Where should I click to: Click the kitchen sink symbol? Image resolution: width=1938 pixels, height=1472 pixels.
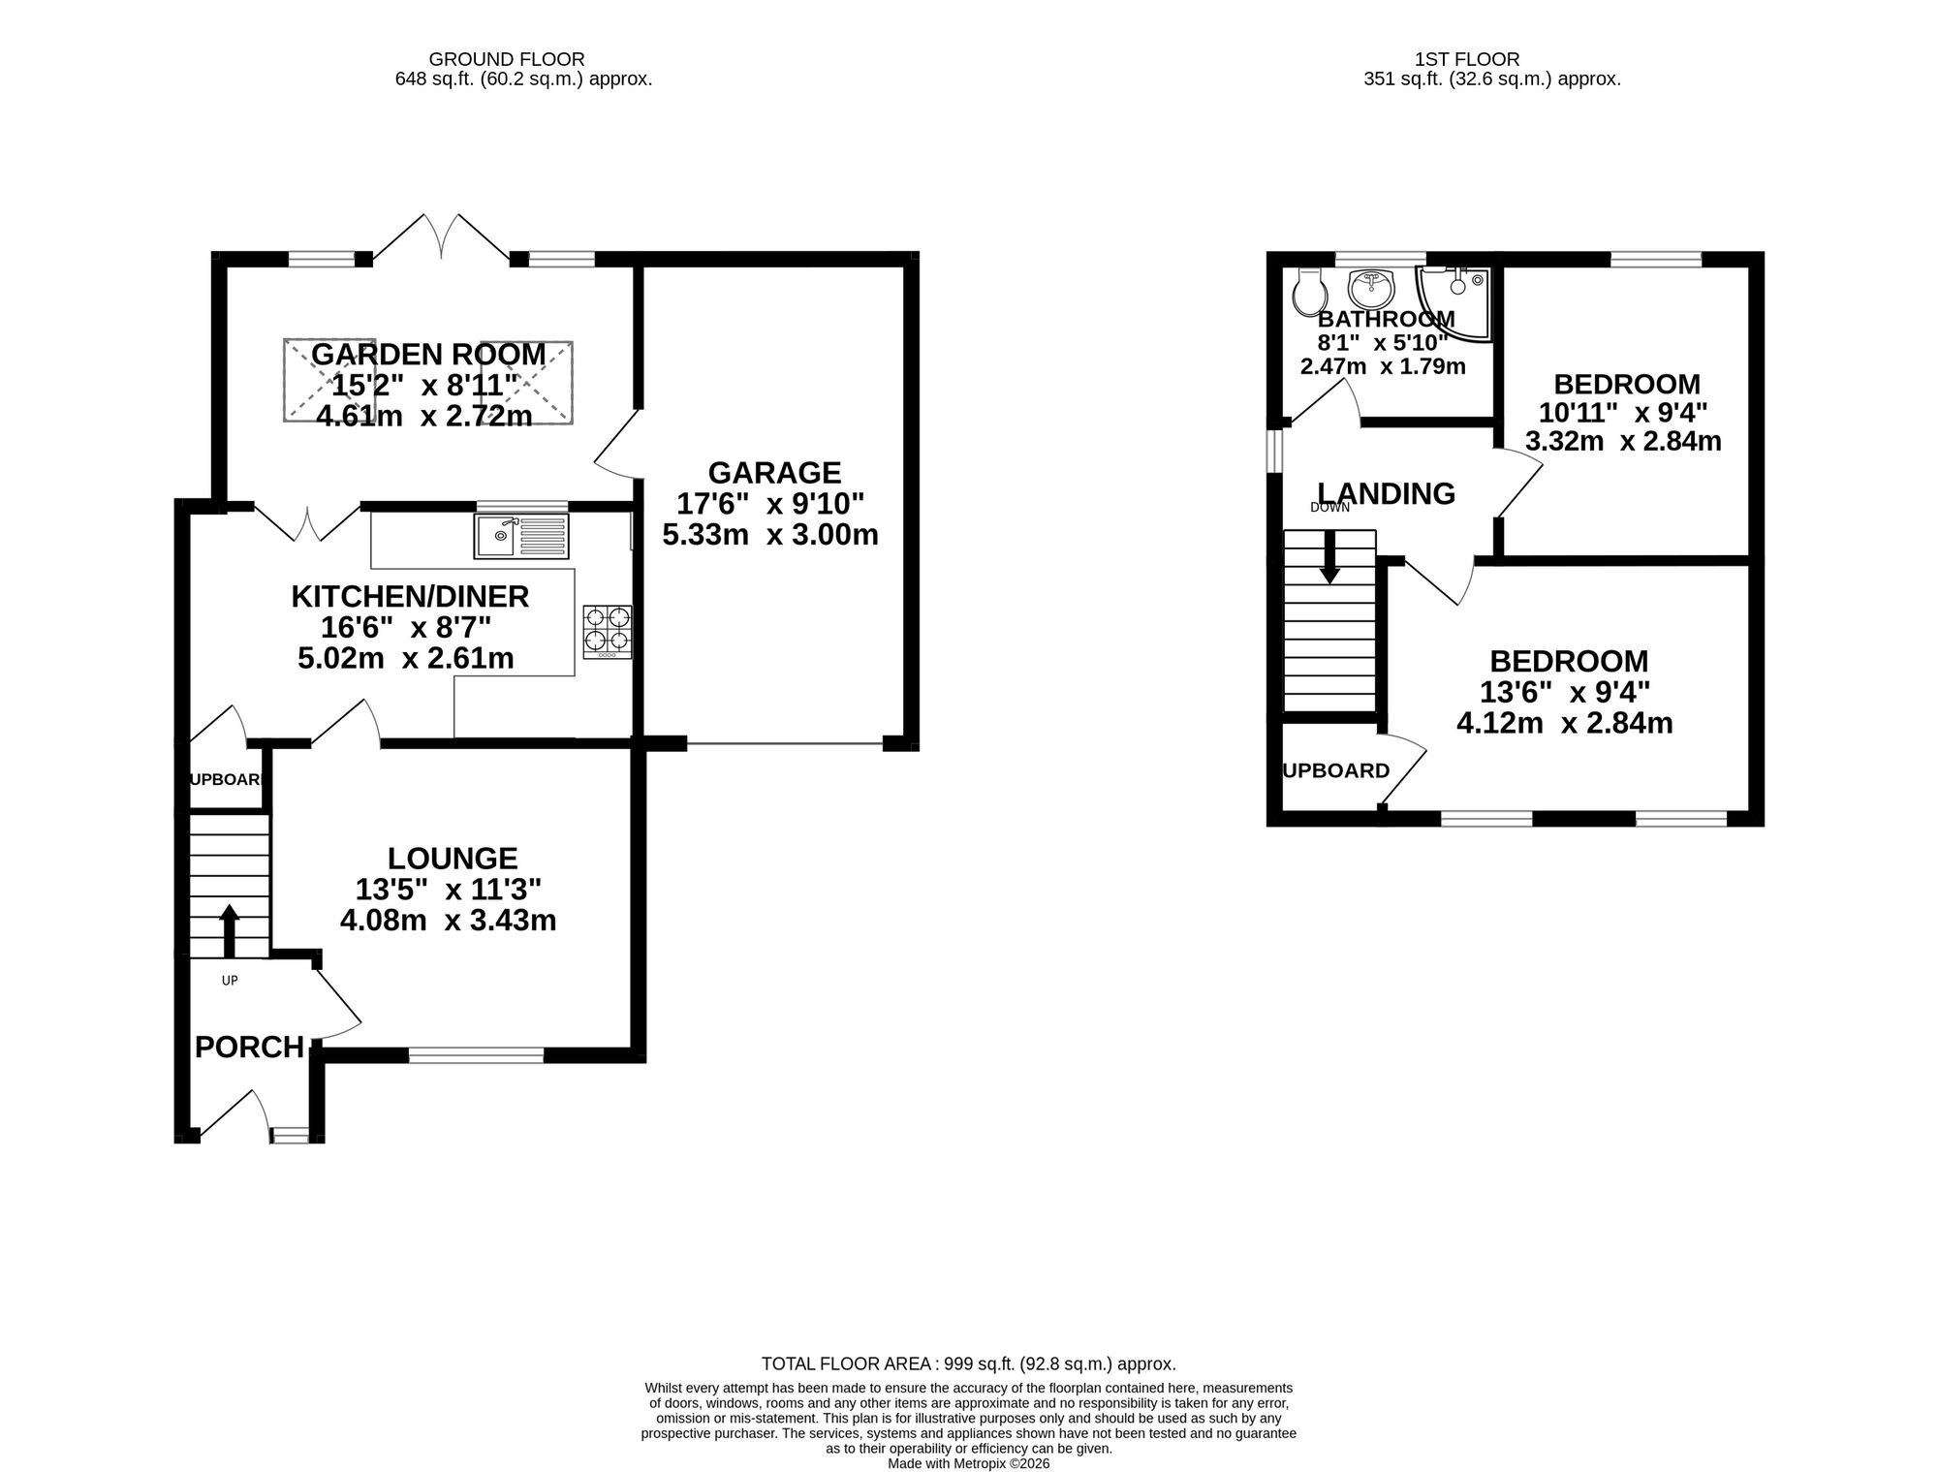[x=520, y=536]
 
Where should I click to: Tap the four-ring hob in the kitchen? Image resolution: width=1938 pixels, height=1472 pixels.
[x=608, y=631]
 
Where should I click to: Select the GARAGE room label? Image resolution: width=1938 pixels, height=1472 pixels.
[x=774, y=473]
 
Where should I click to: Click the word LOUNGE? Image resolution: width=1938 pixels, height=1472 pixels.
[x=453, y=859]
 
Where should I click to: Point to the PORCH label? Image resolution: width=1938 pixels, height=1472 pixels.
[x=249, y=1048]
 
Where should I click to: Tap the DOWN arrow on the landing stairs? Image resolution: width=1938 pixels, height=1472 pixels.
[x=1329, y=557]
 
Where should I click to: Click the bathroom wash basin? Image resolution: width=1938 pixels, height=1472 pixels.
[x=1370, y=288]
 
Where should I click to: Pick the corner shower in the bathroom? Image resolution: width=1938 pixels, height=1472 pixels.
[x=1454, y=300]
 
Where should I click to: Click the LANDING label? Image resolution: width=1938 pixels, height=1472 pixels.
[x=1386, y=494]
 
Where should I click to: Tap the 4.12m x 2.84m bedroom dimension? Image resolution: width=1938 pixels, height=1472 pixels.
[x=1564, y=723]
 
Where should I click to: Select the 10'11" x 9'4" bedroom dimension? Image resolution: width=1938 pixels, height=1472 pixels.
[x=1623, y=413]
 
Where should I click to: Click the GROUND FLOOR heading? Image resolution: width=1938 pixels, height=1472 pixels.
[x=507, y=59]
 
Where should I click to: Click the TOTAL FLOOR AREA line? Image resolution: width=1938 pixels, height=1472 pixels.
[x=968, y=1363]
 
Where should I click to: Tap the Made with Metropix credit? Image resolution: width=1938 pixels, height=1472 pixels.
[x=968, y=1463]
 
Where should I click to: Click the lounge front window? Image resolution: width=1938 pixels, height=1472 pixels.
[x=476, y=1055]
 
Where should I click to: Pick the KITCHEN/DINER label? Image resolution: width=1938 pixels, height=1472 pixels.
[x=410, y=597]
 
